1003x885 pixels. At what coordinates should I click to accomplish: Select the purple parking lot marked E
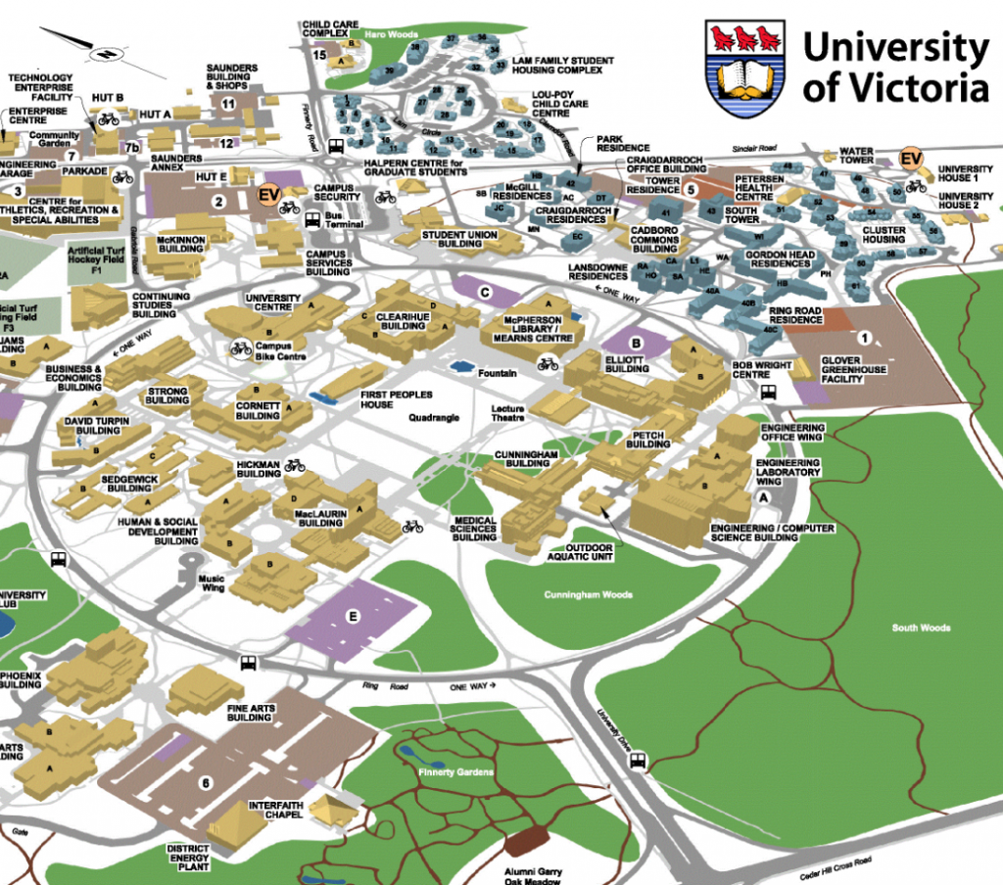tap(353, 616)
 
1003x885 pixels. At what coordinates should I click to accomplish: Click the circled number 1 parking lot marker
tap(864, 338)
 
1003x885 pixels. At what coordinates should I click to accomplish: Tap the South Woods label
tap(921, 627)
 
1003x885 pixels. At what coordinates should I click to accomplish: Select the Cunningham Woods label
tap(589, 594)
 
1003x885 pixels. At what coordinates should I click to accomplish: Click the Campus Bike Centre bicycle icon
tap(239, 348)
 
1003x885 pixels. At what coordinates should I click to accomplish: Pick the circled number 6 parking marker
tap(206, 782)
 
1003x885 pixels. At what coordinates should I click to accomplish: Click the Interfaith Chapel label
tap(277, 811)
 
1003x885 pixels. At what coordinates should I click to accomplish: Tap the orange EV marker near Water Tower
tap(911, 158)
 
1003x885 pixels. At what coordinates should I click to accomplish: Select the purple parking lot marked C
tap(484, 291)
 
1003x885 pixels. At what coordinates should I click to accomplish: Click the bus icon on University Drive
tap(638, 760)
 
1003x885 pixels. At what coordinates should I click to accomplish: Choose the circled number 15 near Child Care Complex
tap(319, 55)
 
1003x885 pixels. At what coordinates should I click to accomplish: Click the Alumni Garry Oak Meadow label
tap(533, 872)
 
